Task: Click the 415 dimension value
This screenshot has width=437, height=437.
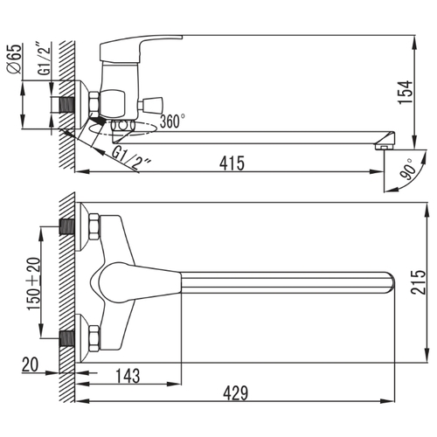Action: click(232, 163)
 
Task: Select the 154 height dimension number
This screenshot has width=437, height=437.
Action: click(406, 92)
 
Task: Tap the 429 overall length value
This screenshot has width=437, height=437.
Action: click(236, 393)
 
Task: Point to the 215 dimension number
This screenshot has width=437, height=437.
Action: click(418, 282)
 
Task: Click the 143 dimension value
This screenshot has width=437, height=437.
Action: click(128, 376)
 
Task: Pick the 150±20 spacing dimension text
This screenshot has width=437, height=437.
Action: click(34, 284)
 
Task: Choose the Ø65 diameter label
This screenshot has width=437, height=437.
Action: click(15, 59)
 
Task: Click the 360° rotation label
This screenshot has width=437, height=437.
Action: click(172, 121)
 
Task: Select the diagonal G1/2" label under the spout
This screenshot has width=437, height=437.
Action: click(132, 159)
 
